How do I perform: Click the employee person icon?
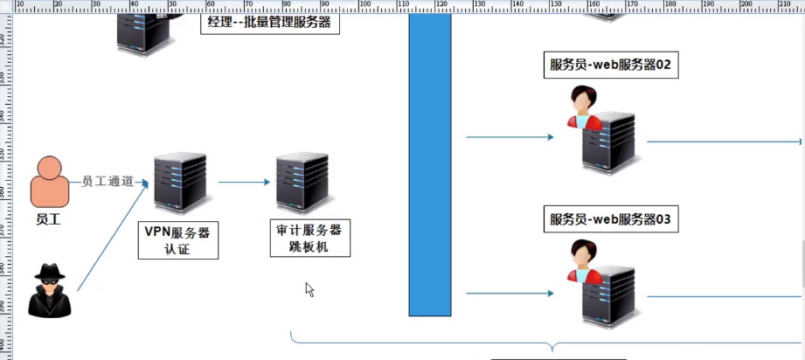point(49,182)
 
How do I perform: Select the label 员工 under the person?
point(48,219)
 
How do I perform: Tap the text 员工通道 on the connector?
point(108,182)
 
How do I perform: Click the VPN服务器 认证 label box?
point(177,240)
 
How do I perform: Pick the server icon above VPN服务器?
point(181,183)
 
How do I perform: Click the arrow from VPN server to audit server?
point(244,183)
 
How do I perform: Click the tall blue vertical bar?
point(430,166)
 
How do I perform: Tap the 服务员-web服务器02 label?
point(610,65)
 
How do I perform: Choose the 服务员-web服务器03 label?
point(610,219)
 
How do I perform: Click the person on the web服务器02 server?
point(583,109)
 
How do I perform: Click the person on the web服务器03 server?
point(583,261)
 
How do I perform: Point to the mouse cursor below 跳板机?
point(309,288)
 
